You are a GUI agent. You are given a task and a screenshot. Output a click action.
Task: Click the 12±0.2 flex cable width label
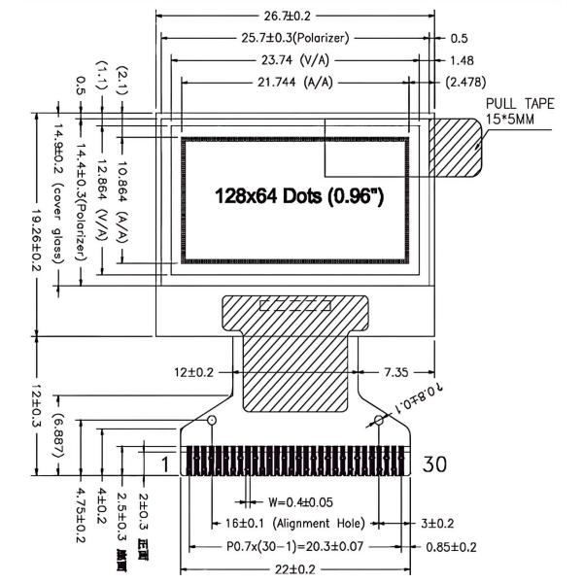click(194, 372)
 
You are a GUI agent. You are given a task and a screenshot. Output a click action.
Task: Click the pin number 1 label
click(165, 464)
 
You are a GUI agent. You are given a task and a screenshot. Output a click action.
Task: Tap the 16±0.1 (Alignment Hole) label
click(293, 523)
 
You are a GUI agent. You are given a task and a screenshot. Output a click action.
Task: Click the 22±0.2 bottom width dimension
click(293, 568)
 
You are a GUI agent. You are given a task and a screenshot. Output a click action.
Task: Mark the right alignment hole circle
click(379, 421)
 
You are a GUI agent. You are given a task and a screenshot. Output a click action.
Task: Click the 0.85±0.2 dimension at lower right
click(452, 546)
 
